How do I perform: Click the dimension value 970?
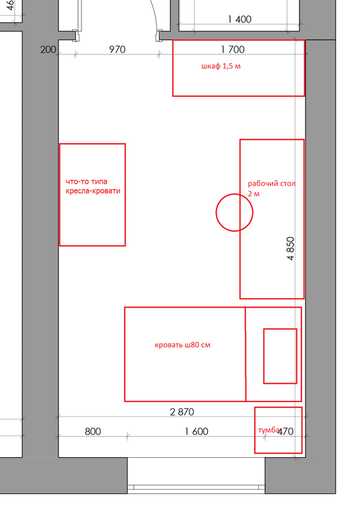pyautogui.click(x=117, y=50)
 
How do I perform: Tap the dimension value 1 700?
pyautogui.click(x=232, y=50)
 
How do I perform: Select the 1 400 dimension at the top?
pyautogui.click(x=240, y=19)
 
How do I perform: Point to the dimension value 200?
pyautogui.click(x=48, y=50)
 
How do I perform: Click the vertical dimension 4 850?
pyautogui.click(x=291, y=248)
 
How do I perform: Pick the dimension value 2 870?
pyautogui.click(x=182, y=412)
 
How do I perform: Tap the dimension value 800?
pyautogui.click(x=93, y=431)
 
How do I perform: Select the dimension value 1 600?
pyautogui.click(x=196, y=431)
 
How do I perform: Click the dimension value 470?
pyautogui.click(x=285, y=431)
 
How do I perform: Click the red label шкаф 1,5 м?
pyautogui.click(x=221, y=66)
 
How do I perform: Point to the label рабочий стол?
pyautogui.click(x=272, y=184)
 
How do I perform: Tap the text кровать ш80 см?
pyautogui.click(x=183, y=345)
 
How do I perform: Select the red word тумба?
pyautogui.click(x=268, y=430)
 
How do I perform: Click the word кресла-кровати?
pyautogui.click(x=93, y=191)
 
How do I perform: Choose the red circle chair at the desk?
pyautogui.click(x=234, y=194)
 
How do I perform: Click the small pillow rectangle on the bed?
pyautogui.click(x=281, y=356)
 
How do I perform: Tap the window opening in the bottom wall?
pyautogui.click(x=196, y=475)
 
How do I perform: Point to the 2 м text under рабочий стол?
pyautogui.click(x=254, y=194)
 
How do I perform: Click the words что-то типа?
pyautogui.click(x=87, y=182)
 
